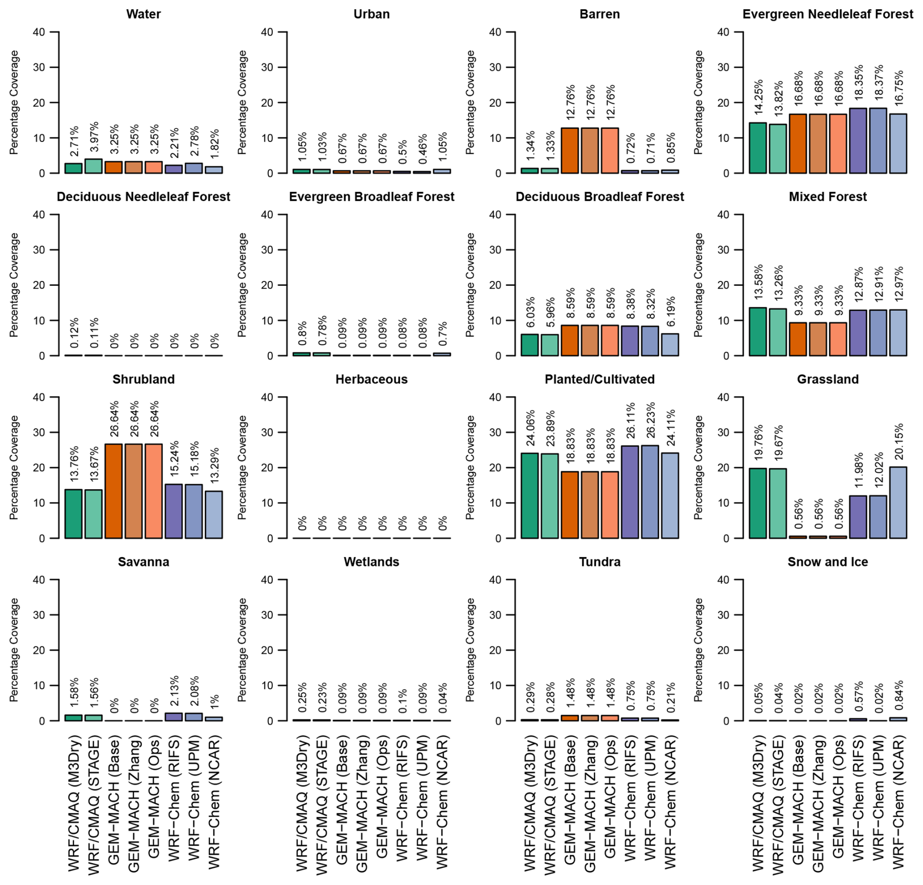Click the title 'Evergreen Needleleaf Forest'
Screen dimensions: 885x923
click(x=827, y=14)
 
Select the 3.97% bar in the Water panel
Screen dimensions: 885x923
click(x=93, y=166)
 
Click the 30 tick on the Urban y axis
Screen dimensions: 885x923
click(x=267, y=67)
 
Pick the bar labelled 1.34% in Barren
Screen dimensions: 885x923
click(x=530, y=171)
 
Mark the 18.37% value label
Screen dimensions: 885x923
click(x=878, y=84)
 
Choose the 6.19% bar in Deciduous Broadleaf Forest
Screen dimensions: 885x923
click(x=670, y=344)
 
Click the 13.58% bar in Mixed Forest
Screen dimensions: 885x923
click(x=758, y=332)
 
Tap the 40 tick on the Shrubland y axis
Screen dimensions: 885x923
click(x=39, y=397)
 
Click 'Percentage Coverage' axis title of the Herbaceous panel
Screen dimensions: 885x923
click(x=242, y=467)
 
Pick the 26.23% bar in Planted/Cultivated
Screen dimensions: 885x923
click(x=650, y=492)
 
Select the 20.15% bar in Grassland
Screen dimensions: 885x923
click(x=898, y=503)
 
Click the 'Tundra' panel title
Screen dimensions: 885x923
click(x=599, y=562)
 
